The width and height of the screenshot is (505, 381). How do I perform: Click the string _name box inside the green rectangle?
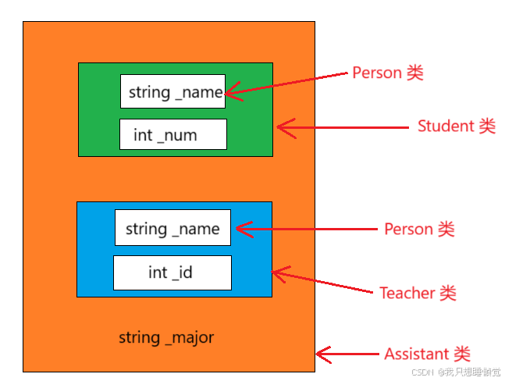(172, 91)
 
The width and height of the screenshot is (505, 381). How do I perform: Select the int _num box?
(172, 134)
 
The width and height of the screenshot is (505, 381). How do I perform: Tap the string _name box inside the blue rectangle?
(172, 228)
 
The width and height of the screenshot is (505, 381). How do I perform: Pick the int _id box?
(172, 272)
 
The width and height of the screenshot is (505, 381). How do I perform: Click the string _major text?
(166, 337)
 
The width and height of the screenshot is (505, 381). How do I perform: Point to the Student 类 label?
(457, 126)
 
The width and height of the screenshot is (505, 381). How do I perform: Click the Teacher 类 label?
(418, 293)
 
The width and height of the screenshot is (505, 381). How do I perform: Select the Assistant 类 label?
(427, 354)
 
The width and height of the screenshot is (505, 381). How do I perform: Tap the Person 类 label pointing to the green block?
(388, 73)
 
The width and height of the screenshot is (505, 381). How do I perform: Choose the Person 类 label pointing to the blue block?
(419, 229)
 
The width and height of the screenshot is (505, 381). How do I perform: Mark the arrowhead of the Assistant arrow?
(319, 354)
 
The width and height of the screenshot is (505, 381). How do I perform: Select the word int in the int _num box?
(143, 135)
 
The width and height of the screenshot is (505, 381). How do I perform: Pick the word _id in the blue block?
(182, 272)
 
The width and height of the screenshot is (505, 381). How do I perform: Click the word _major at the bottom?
(188, 337)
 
